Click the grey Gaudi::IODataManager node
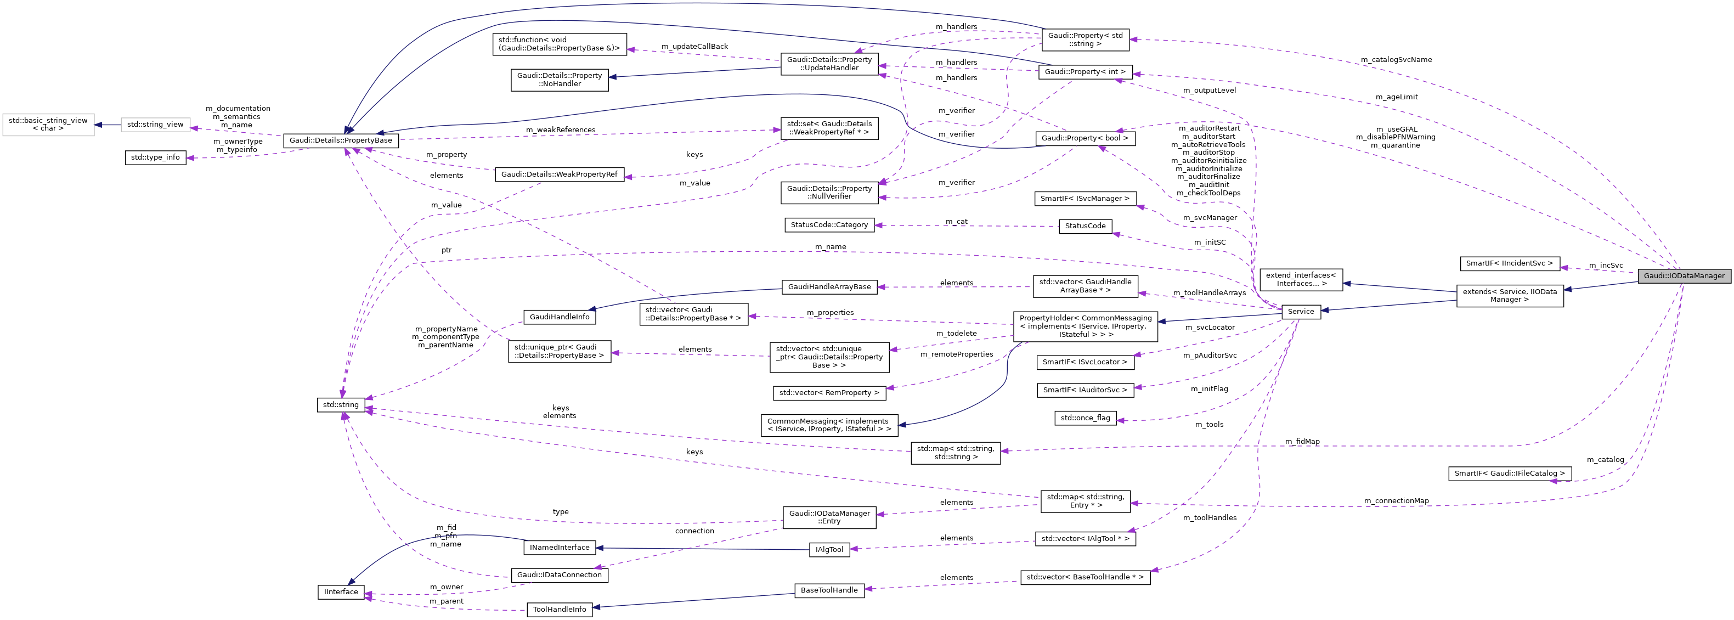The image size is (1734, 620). click(x=1684, y=275)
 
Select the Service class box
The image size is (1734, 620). click(x=1301, y=311)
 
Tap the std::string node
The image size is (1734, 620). click(x=341, y=404)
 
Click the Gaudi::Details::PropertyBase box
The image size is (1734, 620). click(x=341, y=140)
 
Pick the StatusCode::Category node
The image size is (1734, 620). click(x=829, y=224)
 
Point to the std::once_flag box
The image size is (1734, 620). click(x=1085, y=418)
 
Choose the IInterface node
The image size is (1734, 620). click(x=341, y=591)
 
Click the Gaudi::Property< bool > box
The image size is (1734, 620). click(x=1085, y=138)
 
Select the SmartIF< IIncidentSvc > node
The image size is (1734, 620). click(x=1509, y=263)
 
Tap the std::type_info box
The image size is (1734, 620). click(x=155, y=157)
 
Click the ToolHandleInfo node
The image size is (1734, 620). click(x=560, y=609)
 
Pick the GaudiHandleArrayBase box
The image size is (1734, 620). click(x=829, y=287)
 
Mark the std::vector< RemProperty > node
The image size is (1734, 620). click(x=829, y=392)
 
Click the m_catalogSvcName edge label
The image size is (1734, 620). click(x=1396, y=59)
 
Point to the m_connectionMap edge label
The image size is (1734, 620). click(x=1396, y=501)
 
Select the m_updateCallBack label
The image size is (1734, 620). click(x=694, y=47)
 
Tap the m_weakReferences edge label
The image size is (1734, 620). click(x=560, y=130)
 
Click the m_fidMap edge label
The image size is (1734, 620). click(x=1302, y=442)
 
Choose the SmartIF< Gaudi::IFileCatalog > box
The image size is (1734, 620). click(x=1509, y=474)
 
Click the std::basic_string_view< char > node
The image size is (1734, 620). click(x=48, y=124)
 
